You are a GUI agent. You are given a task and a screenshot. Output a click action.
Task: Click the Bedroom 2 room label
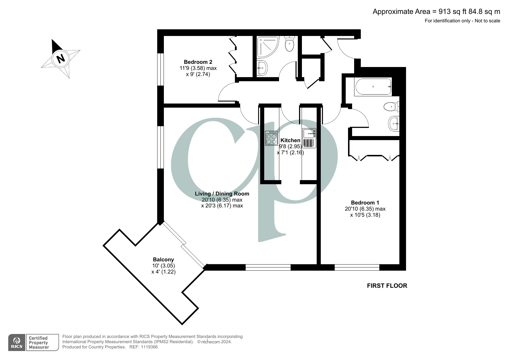[x=198, y=62]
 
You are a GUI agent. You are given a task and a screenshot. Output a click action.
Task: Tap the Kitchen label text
[x=290, y=140]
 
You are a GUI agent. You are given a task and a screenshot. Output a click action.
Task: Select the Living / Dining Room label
[x=222, y=194]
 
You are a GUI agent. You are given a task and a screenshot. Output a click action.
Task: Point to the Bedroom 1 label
[x=365, y=203]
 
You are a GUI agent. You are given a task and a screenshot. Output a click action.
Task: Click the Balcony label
[x=163, y=260]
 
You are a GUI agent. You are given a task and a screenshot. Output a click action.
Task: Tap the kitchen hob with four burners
[x=271, y=138]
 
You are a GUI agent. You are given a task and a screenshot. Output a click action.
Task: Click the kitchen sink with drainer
[x=309, y=138]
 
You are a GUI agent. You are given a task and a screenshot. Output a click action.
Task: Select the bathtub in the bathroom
[x=373, y=87]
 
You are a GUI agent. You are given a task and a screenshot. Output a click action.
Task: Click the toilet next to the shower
[x=290, y=44]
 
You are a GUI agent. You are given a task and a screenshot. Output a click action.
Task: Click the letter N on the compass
[x=60, y=59]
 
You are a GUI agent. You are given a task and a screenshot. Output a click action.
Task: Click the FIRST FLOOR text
[x=387, y=286]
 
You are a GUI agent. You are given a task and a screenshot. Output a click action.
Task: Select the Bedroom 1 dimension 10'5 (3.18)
[x=365, y=215]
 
